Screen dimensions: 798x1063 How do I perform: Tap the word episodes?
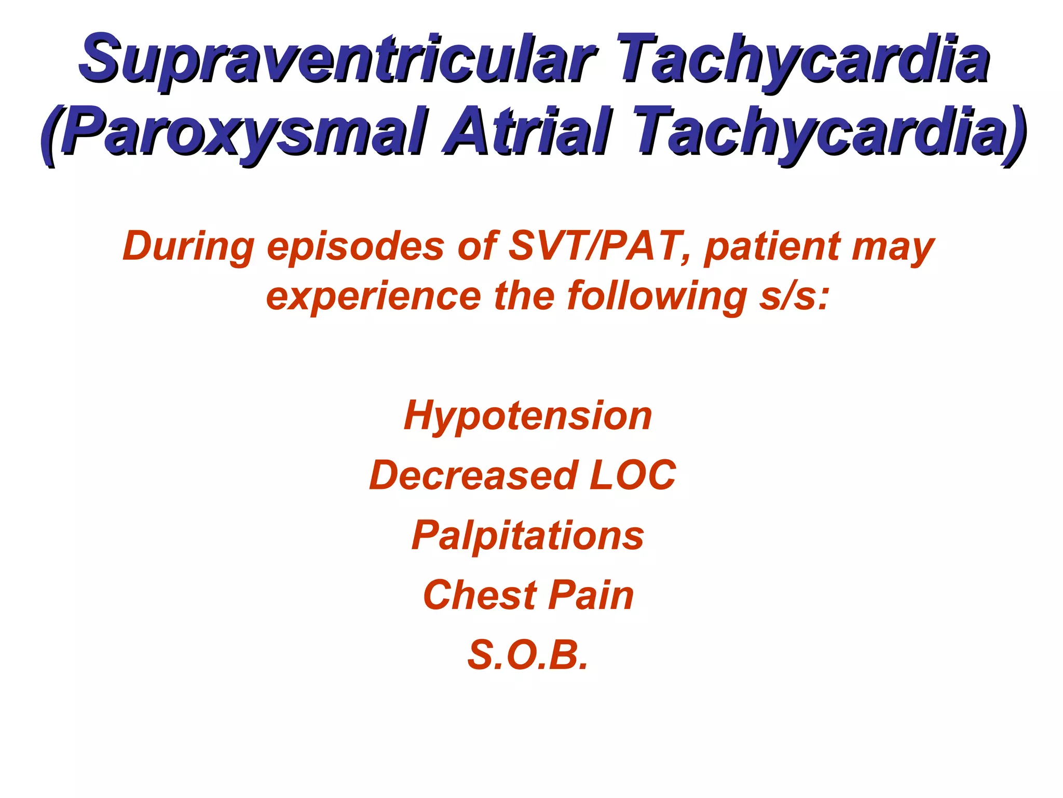pos(356,247)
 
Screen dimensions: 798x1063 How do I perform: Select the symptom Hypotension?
pos(528,417)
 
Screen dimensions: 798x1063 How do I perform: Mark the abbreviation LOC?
pos(633,475)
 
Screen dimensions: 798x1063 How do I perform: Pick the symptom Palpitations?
pos(528,536)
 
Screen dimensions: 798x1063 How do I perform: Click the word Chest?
pos(480,595)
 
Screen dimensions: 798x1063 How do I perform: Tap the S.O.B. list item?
pos(528,655)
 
